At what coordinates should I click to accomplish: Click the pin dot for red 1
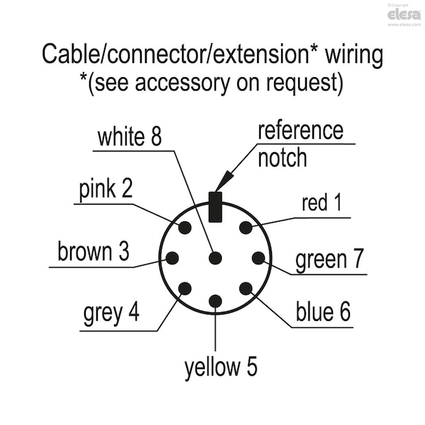click(x=246, y=227)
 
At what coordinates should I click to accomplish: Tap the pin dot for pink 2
click(x=185, y=227)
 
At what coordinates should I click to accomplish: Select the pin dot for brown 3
click(x=172, y=258)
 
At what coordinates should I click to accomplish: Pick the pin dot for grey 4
click(x=185, y=288)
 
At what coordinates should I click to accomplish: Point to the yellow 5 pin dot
click(x=215, y=301)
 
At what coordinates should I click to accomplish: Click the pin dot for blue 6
click(x=246, y=288)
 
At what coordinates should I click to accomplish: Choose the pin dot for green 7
click(x=259, y=258)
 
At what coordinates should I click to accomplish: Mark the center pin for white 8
click(x=215, y=258)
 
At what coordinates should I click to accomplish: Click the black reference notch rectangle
click(x=215, y=207)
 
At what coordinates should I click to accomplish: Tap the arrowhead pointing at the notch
click(x=224, y=181)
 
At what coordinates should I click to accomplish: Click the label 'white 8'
click(x=130, y=137)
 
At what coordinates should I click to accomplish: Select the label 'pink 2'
click(x=106, y=189)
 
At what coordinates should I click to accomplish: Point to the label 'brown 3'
click(x=93, y=251)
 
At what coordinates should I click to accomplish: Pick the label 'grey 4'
click(x=111, y=313)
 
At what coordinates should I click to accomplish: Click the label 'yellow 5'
click(x=221, y=367)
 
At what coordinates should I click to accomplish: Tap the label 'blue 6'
click(x=323, y=312)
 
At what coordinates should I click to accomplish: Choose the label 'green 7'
click(x=329, y=259)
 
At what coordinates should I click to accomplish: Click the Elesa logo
click(x=404, y=15)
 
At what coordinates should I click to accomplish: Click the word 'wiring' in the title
click(x=354, y=55)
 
